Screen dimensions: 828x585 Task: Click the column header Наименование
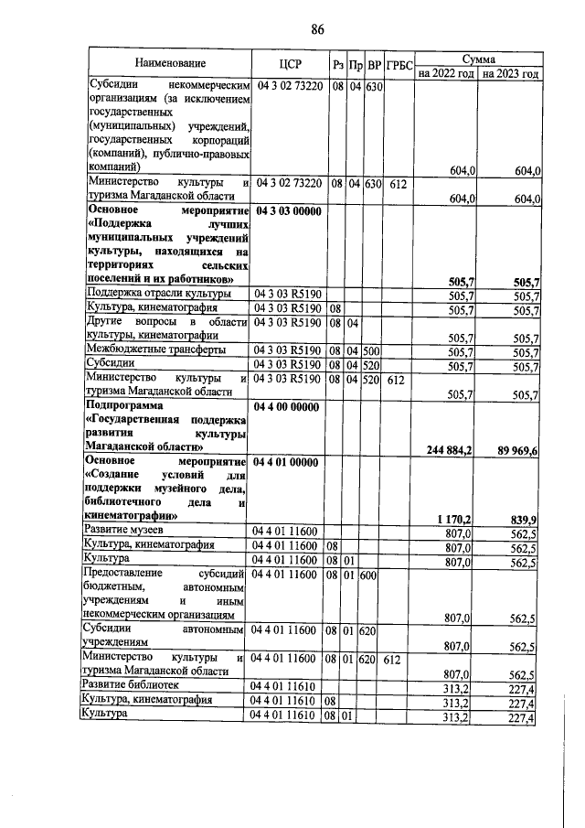[x=169, y=64]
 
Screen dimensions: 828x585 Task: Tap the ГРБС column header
[x=399, y=65]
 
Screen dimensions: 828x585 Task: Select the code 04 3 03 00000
[x=287, y=211]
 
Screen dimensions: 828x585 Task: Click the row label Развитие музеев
[x=123, y=532]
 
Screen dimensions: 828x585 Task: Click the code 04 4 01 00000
[x=286, y=463]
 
